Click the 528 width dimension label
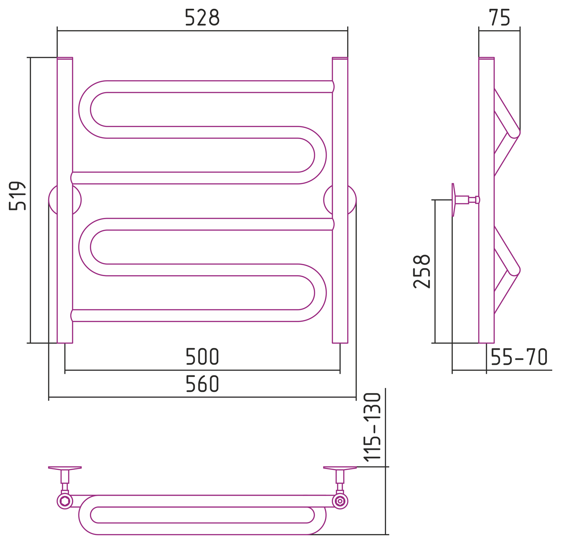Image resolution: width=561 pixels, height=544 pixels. pyautogui.click(x=202, y=18)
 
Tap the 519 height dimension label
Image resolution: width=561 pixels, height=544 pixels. pyautogui.click(x=18, y=196)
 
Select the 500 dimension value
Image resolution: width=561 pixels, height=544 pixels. pyautogui.click(x=202, y=357)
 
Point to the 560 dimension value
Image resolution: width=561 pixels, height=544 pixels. pyautogui.click(x=202, y=384)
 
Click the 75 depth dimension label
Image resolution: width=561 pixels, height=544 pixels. pyautogui.click(x=500, y=18)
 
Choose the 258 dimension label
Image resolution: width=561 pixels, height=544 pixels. pyautogui.click(x=422, y=271)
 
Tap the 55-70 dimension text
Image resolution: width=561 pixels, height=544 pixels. pyautogui.click(x=519, y=357)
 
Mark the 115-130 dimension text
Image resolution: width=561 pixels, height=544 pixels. pyautogui.click(x=372, y=427)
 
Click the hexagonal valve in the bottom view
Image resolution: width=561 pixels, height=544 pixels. pyautogui.click(x=65, y=501)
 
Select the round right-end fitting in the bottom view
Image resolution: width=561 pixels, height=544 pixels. pyautogui.click(x=340, y=501)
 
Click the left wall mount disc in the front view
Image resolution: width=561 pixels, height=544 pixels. pyautogui.click(x=65, y=200)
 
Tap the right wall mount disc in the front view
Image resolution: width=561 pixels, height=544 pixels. pyautogui.click(x=340, y=200)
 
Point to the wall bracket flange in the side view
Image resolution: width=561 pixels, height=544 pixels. pyautogui.click(x=454, y=199)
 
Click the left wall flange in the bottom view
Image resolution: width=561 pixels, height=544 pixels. pyautogui.click(x=65, y=468)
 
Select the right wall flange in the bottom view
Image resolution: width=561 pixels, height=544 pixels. pyautogui.click(x=340, y=468)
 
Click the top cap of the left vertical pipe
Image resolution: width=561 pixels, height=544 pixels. pyautogui.click(x=65, y=58)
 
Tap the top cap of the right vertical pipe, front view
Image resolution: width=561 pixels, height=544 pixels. pyautogui.click(x=340, y=58)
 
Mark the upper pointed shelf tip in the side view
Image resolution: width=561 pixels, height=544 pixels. pyautogui.click(x=520, y=133)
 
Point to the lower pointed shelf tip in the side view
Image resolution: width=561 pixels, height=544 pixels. pyautogui.click(x=520, y=270)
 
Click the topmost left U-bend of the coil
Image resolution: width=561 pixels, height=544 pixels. pyautogui.click(x=85, y=109)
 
